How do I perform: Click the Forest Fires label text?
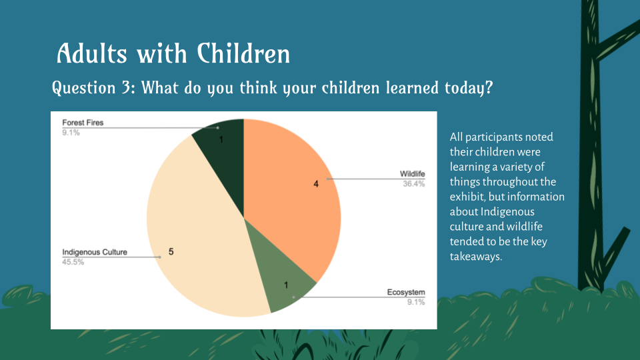coord(83,123)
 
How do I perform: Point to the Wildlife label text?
coord(412,175)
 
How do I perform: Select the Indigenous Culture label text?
coord(95,253)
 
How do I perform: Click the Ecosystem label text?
coord(406,293)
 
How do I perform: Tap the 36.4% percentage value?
coord(413,184)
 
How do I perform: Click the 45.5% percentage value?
coord(73,262)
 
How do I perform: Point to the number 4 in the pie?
coord(316,183)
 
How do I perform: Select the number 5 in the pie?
coord(171,251)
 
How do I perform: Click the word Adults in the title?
coord(93,53)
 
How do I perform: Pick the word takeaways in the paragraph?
coord(476,256)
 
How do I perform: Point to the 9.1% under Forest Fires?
coord(71,132)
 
